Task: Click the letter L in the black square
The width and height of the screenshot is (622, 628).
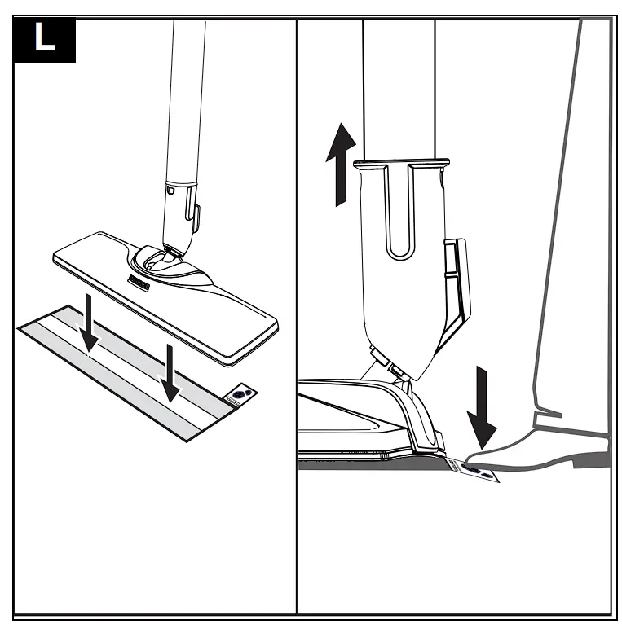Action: click(45, 40)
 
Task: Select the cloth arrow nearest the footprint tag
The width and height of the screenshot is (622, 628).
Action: click(170, 371)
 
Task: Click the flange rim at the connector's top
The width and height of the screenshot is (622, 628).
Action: click(400, 164)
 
